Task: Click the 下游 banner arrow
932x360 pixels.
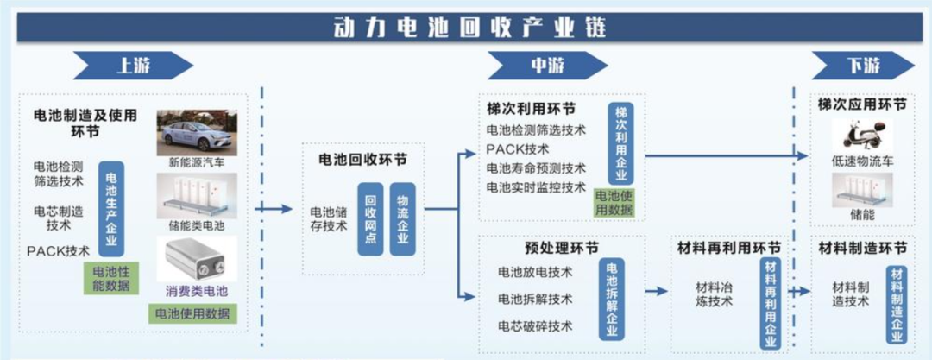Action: [861, 66]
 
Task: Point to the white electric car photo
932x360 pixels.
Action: [196, 132]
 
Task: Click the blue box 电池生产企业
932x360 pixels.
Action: [110, 210]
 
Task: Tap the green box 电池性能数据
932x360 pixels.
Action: [110, 278]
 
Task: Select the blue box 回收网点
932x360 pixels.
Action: [370, 218]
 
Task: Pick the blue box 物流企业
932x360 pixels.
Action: [402, 218]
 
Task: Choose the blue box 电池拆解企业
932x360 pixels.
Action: [612, 300]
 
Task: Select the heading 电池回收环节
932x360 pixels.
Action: [363, 161]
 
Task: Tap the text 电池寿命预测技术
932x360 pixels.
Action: [536, 168]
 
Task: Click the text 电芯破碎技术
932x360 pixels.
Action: [535, 326]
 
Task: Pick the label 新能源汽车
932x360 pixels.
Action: [196, 162]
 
